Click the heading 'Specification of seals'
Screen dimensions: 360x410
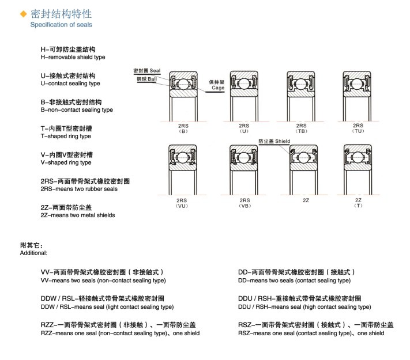click(x=61, y=25)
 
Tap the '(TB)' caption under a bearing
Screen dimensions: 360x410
click(x=301, y=131)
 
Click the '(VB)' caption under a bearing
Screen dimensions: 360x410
click(x=244, y=205)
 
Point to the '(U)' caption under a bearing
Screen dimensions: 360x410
click(x=244, y=131)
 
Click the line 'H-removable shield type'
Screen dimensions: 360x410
click(x=73, y=58)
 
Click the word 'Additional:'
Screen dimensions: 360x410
click(x=33, y=253)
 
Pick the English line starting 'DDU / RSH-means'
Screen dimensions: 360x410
click(x=304, y=307)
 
